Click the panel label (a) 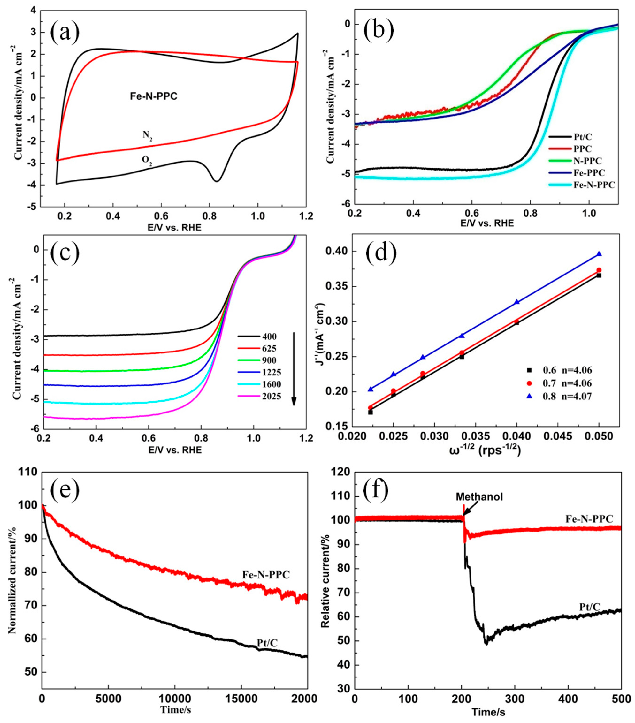[x=65, y=32]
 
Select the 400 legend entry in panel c [x=269, y=336]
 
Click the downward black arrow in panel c [x=294, y=368]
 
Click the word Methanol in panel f [x=479, y=497]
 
